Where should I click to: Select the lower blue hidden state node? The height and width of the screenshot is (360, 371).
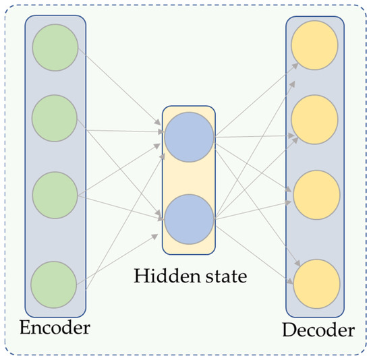coord(188,218)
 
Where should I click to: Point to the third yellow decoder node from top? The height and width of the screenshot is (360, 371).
coord(314,193)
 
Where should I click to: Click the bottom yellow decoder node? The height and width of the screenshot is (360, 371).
coord(314,282)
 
